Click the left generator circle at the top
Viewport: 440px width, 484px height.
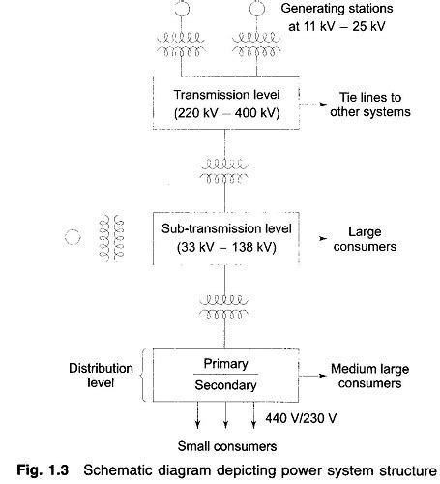click(183, 8)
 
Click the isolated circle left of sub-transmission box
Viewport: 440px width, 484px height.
click(70, 236)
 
